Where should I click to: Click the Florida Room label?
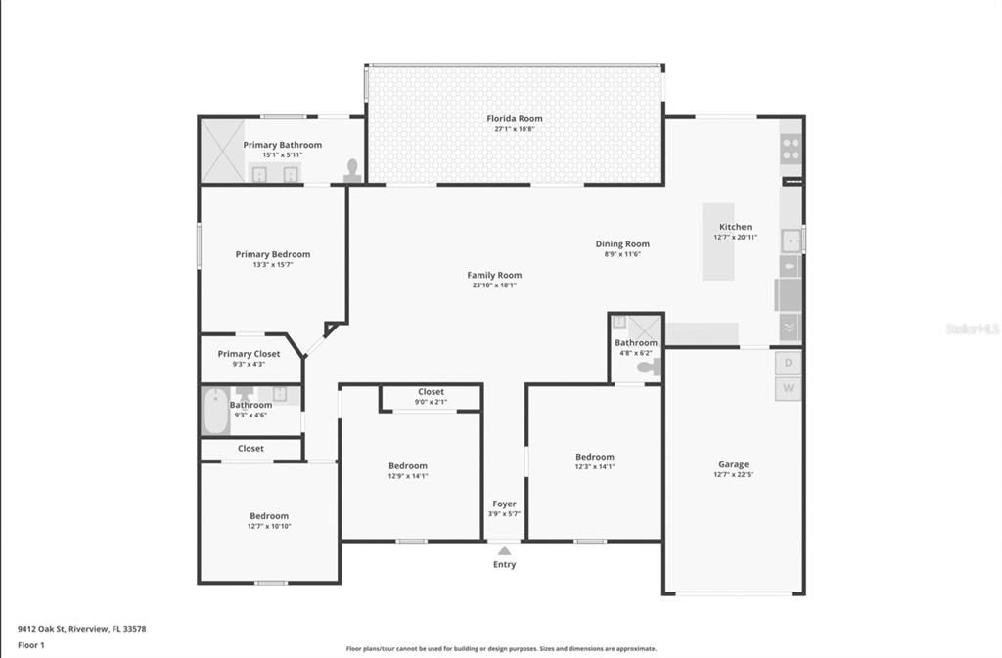click(x=515, y=119)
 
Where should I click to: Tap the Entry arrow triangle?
click(x=504, y=551)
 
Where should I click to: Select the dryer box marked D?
click(x=789, y=364)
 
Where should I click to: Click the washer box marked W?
click(x=789, y=389)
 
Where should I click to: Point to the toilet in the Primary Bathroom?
click(x=351, y=172)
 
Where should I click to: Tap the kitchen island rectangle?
click(x=717, y=241)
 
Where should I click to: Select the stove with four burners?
click(x=791, y=150)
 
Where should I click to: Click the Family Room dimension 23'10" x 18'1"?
click(x=494, y=285)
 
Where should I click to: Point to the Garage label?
click(x=733, y=464)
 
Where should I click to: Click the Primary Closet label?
click(x=249, y=354)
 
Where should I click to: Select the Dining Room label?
click(x=622, y=244)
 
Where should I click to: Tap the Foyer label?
click(x=504, y=504)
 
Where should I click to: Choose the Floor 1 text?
click(x=30, y=646)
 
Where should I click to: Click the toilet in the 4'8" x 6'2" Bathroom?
click(x=649, y=368)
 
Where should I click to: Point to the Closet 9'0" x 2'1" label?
click(x=431, y=392)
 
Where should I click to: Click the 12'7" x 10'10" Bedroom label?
click(x=268, y=516)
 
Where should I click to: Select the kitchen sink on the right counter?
click(x=791, y=240)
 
